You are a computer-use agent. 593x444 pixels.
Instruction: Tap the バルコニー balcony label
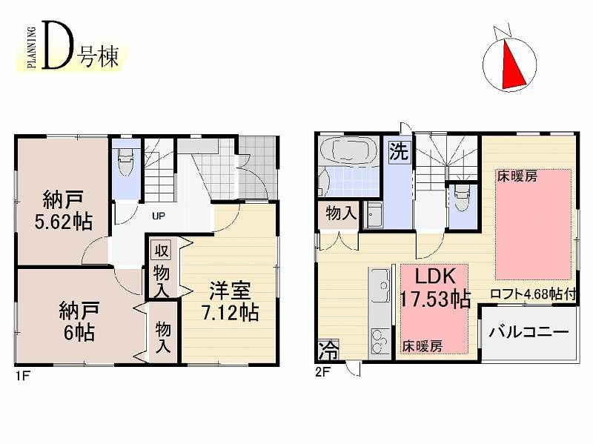pyautogui.click(x=529, y=331)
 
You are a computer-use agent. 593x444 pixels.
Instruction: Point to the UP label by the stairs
pyautogui.click(x=158, y=217)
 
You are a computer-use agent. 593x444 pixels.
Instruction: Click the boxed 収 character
pyautogui.click(x=160, y=249)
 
